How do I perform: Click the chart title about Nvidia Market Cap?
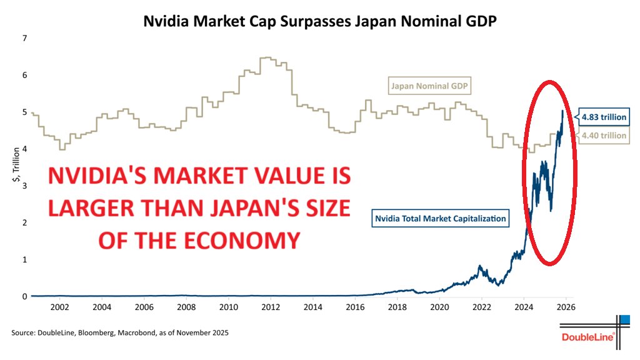coord(319,21)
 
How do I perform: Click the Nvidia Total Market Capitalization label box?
coord(440,219)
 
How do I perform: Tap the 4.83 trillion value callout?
coord(603,117)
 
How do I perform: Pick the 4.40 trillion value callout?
coord(603,136)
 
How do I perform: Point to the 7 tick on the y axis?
coord(24,38)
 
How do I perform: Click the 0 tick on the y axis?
coord(24,296)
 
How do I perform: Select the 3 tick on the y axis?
coord(24,186)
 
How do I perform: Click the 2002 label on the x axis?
coord(59,307)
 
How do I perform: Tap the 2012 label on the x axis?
coord(270,307)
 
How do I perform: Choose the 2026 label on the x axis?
coord(566,307)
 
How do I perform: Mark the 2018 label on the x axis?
coord(397,307)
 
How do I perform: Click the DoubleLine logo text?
coord(587,338)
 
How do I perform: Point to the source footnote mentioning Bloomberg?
coord(120,333)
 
